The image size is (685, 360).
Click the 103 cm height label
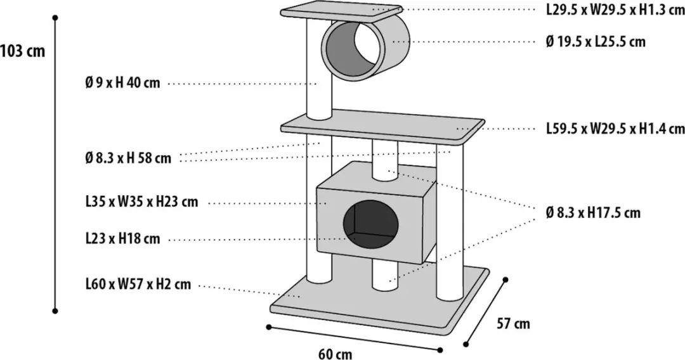[23, 51]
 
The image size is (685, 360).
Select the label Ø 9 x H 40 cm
[123, 82]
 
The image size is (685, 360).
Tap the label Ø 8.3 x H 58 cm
[128, 158]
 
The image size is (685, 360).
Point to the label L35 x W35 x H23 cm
[142, 202]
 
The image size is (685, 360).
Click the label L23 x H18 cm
[123, 239]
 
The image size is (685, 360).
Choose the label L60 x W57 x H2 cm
[138, 285]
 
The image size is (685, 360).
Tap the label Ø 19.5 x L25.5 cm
[596, 41]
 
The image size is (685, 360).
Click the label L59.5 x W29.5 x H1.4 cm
[615, 129]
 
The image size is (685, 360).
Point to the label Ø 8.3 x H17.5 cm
[593, 212]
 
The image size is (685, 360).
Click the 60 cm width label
[335, 354]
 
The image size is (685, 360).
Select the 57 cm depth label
[513, 323]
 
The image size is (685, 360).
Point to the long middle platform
[382, 129]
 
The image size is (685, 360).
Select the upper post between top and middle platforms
[319, 70]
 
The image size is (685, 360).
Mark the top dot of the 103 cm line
[55, 18]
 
